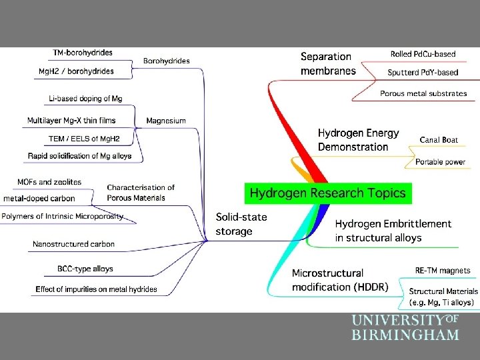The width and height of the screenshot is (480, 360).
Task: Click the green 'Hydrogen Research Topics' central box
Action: tap(327, 193)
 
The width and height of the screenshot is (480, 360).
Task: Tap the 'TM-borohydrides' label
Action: tap(83, 52)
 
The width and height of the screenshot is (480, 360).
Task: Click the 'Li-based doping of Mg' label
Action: tap(85, 99)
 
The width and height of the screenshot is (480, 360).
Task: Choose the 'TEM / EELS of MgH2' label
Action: tap(84, 139)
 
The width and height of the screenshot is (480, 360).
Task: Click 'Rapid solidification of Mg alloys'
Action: tap(80, 156)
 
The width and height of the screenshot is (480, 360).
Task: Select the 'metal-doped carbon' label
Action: tap(39, 198)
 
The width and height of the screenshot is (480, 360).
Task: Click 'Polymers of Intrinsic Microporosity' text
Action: tap(62, 216)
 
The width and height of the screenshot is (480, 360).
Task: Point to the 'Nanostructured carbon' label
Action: tap(73, 244)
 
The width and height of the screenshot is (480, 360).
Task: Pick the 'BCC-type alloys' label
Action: tap(85, 269)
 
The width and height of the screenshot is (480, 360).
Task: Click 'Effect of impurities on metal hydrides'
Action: tap(97, 289)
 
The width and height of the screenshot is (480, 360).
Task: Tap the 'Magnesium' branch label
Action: tap(166, 121)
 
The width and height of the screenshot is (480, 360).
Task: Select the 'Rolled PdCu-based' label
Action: tap(424, 53)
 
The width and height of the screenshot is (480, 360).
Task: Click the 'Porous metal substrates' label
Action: tap(423, 93)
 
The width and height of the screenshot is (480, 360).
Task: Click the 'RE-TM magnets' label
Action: tap(442, 271)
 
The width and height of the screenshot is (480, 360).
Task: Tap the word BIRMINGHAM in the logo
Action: tap(405, 335)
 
